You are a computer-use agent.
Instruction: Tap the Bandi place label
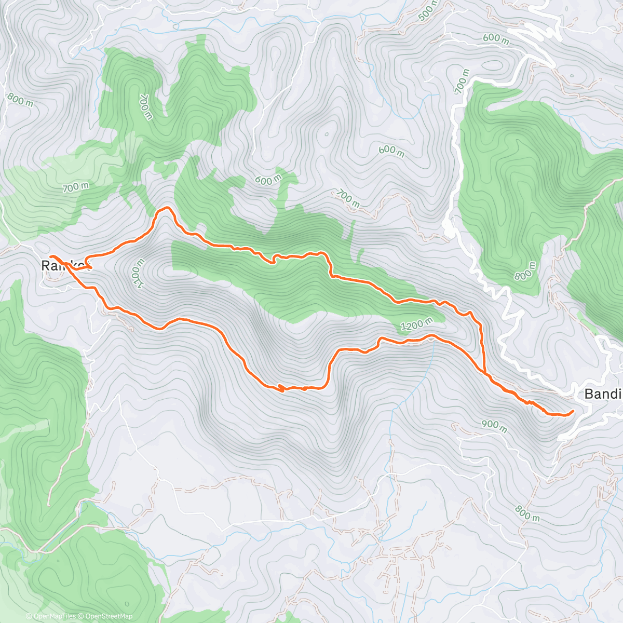coord(603,394)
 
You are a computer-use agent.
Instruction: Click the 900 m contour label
coord(494,426)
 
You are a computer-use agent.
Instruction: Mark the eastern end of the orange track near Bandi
coord(573,412)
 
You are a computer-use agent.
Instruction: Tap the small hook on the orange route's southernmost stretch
coord(280,387)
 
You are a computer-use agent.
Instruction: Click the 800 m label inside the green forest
coord(525,271)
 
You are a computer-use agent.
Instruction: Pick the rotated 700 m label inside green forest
coord(145,106)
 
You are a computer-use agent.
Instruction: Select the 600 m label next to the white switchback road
coord(495,38)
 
